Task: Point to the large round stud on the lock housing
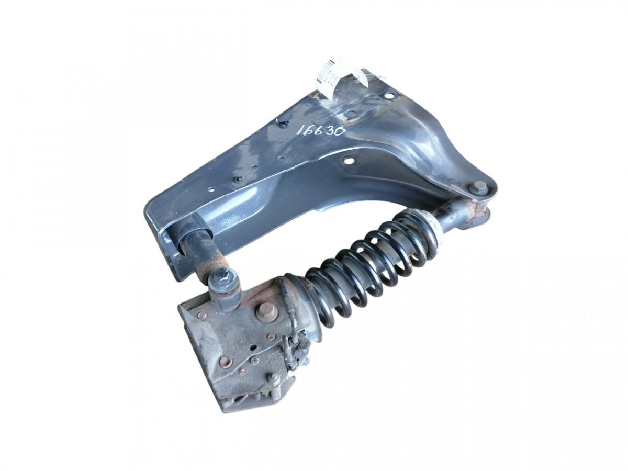[x=266, y=310]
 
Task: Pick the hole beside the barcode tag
[x=389, y=96]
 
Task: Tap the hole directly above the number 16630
[x=347, y=114]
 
